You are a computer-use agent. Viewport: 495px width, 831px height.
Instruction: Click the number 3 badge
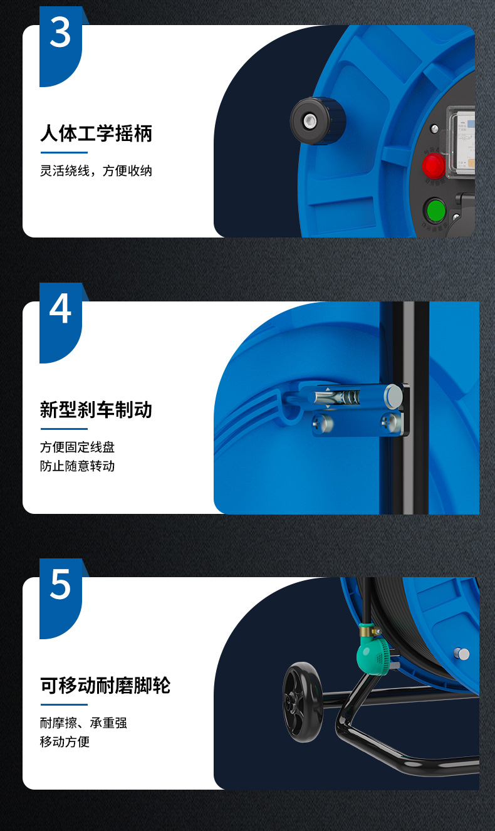60,46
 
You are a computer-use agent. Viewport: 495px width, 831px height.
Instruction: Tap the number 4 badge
60,323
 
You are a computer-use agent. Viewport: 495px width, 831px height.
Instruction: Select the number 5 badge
60,598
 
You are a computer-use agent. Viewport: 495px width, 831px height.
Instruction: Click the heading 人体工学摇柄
96,133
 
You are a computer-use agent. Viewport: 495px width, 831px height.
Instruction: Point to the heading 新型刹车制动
96,410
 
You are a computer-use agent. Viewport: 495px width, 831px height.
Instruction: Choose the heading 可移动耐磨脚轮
105,686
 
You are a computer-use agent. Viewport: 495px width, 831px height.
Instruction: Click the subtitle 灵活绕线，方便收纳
96,170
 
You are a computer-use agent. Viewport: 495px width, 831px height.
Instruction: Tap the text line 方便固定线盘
77,447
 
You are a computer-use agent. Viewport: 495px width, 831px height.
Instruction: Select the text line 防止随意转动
77,466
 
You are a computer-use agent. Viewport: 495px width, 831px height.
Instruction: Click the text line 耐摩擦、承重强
83,723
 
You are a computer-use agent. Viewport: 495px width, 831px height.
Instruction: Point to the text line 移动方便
65,741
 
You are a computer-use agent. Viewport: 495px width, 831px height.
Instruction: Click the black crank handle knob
318,120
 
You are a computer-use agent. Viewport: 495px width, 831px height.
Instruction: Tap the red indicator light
434,165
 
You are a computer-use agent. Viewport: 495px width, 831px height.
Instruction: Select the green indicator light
435,211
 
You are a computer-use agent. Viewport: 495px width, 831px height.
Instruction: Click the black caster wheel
303,703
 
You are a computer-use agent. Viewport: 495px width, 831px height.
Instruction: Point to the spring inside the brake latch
349,397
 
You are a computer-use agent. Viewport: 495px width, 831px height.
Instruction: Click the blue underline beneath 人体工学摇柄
64,152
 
